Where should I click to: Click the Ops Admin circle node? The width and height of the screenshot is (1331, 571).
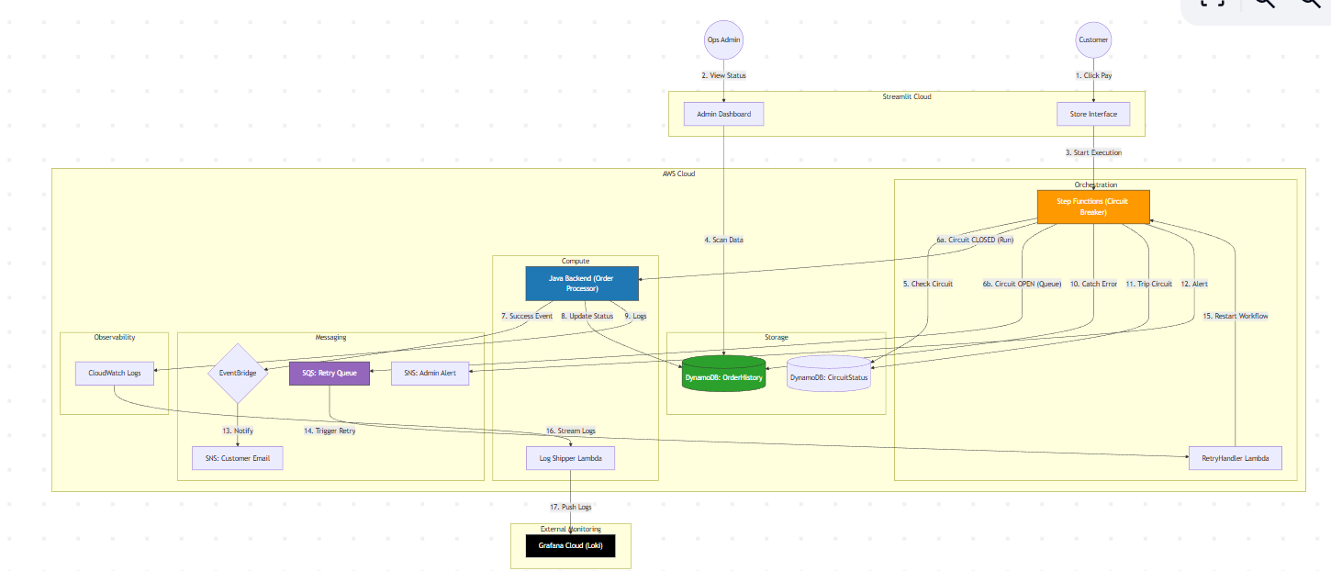pos(724,39)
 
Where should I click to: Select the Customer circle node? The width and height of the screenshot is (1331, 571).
pos(1093,39)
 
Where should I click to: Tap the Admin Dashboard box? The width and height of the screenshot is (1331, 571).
pos(724,114)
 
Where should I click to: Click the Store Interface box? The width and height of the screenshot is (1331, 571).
pos(1093,114)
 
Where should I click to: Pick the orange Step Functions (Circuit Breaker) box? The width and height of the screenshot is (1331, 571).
pos(1093,207)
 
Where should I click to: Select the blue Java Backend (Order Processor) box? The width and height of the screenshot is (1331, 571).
pos(580,283)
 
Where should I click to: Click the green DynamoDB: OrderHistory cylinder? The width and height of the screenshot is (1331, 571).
pos(723,376)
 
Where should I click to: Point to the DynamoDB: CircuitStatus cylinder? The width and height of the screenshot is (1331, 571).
pos(828,375)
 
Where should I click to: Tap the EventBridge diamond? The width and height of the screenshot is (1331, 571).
pos(238,374)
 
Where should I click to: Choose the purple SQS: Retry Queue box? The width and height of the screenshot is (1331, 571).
pos(329,374)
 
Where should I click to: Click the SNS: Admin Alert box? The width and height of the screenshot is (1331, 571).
pos(431,373)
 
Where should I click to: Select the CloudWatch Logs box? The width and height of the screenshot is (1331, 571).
pos(115,373)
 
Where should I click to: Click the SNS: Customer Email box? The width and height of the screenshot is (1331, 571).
pos(238,457)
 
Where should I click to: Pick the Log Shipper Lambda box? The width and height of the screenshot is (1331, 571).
pos(570,457)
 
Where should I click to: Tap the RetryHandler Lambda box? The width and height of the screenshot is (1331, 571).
pos(1235,457)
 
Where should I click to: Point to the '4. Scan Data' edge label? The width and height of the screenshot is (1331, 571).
pos(723,240)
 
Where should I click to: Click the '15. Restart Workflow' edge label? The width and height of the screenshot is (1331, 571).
pos(1235,316)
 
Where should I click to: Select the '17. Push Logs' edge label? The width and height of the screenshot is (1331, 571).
pos(570,506)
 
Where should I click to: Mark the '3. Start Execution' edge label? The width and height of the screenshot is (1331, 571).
pos(1093,152)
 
